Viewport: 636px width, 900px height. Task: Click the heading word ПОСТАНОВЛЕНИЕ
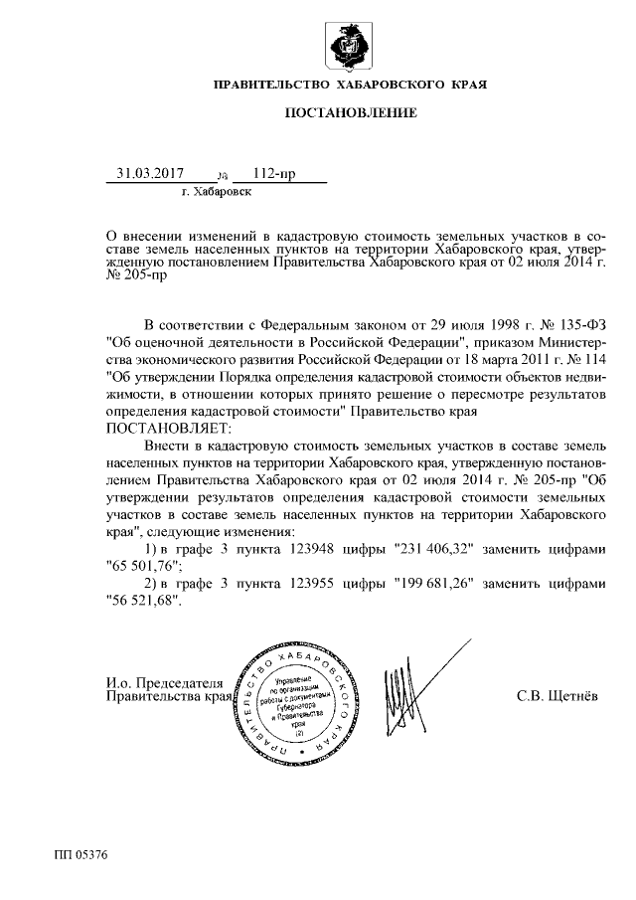point(351,113)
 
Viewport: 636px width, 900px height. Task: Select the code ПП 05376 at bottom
point(80,854)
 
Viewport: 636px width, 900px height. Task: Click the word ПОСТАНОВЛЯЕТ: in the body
point(167,427)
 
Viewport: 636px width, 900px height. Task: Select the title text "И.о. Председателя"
point(165,682)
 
